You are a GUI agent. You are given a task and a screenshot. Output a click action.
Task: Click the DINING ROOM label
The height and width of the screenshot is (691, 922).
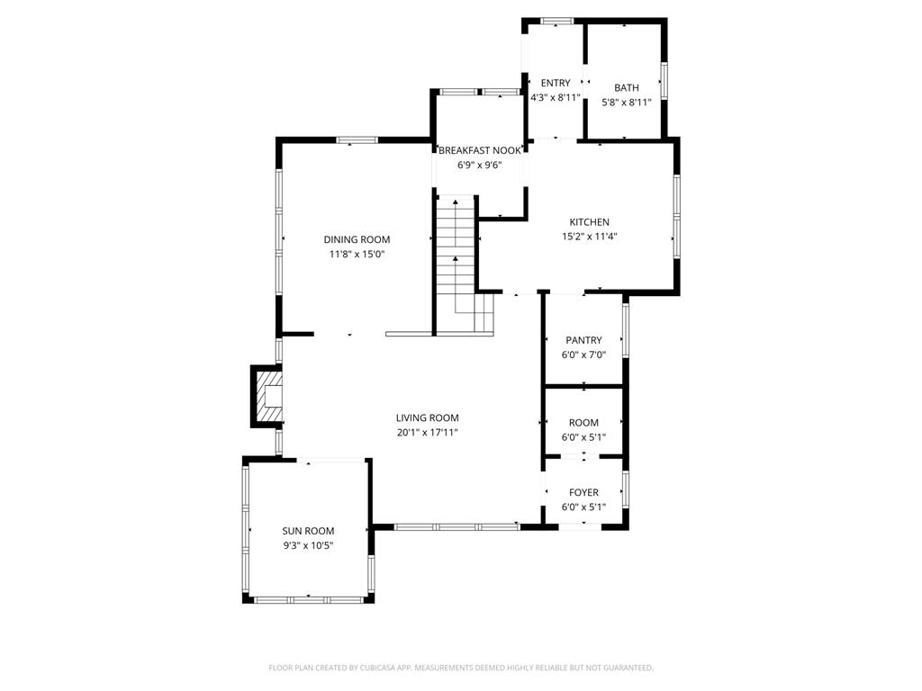pos(357,239)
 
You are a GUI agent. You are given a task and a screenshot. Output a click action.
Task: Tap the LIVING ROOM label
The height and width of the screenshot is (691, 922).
pos(428,417)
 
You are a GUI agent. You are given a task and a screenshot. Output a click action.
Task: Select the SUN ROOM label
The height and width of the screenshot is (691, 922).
pos(308,531)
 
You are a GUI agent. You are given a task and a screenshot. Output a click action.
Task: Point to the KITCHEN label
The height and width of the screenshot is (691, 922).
pos(589,222)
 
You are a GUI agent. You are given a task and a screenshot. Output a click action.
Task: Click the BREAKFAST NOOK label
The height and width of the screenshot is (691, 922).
pos(480,150)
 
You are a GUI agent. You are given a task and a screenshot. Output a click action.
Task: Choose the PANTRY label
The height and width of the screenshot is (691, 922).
pos(583,340)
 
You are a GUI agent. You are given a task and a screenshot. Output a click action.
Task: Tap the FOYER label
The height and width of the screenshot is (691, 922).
pos(583,492)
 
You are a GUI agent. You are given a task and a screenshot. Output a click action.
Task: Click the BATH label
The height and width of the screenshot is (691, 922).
pos(627,87)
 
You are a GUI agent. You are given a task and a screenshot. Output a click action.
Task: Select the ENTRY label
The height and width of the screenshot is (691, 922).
pos(556,83)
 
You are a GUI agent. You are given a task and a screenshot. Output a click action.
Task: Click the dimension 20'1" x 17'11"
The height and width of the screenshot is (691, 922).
pos(428,433)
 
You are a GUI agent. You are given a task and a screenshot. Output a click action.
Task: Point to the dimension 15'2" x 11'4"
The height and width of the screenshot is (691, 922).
pos(589,237)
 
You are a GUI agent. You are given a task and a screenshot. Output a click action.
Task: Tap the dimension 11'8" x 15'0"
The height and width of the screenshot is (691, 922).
pos(357,255)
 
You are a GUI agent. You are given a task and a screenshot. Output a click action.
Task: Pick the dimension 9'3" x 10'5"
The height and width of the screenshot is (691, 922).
pos(308,545)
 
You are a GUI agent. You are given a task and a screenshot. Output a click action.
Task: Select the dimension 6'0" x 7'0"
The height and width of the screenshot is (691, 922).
pos(583,354)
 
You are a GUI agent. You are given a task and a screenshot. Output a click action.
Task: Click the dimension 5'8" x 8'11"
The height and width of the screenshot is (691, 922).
pos(627,103)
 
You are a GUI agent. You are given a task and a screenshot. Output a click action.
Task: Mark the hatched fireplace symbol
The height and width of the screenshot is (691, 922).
pos(268,396)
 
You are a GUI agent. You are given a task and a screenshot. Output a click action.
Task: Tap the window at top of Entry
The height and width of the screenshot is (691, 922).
pos(556,22)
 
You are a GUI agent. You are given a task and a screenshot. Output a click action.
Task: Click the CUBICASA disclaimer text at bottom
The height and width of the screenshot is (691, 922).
pos(461,668)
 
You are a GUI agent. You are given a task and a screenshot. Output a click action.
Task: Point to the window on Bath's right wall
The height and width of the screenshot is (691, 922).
pos(664,80)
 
